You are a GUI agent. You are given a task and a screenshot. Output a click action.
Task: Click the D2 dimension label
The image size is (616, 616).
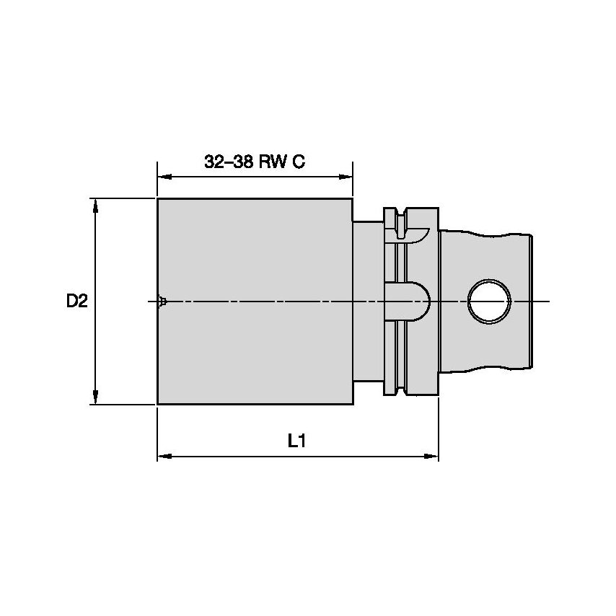pyautogui.click(x=77, y=302)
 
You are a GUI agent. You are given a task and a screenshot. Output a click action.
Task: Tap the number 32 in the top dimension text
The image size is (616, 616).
pyautogui.click(x=214, y=162)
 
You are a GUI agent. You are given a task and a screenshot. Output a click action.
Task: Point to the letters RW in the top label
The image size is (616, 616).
pyautogui.click(x=274, y=162)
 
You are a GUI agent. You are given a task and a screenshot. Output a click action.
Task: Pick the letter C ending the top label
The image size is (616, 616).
pyautogui.click(x=299, y=162)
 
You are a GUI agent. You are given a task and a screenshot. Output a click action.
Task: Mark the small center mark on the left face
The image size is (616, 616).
pyautogui.click(x=163, y=301)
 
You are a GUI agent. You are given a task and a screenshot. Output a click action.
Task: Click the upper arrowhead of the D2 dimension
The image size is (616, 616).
pyautogui.click(x=95, y=204)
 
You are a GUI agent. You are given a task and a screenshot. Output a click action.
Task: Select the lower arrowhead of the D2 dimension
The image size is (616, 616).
pyautogui.click(x=95, y=398)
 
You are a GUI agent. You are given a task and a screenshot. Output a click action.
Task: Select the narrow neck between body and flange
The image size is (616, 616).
pyautogui.click(x=367, y=301)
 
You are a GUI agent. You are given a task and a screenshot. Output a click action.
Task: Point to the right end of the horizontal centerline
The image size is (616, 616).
pyautogui.click(x=548, y=301)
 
